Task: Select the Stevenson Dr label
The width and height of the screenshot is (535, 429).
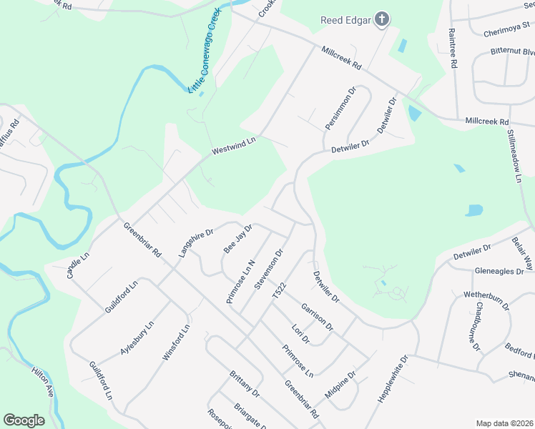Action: point(269,269)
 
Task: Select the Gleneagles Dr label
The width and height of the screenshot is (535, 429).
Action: point(504,272)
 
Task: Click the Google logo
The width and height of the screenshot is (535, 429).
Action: point(24,420)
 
